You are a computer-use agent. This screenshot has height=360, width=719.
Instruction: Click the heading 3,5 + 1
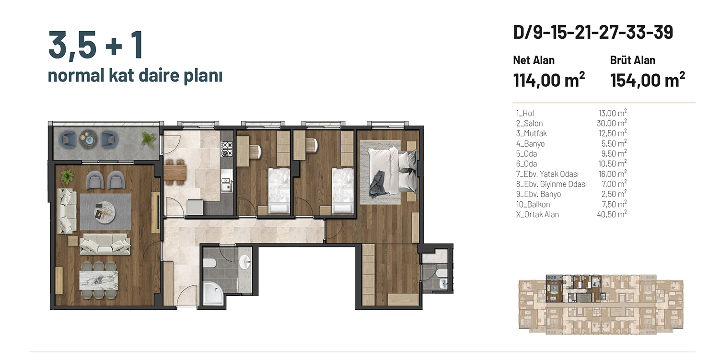pyautogui.click(x=95, y=45)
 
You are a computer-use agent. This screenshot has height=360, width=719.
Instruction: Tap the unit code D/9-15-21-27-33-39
pyautogui.click(x=593, y=33)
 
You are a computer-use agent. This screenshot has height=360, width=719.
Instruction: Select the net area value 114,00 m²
pyautogui.click(x=549, y=80)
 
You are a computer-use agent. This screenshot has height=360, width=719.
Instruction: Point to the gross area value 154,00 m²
pyautogui.click(x=648, y=80)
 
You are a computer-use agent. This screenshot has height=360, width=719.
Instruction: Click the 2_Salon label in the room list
pyautogui.click(x=529, y=123)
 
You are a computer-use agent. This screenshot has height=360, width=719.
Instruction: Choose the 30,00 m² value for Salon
pyautogui.click(x=612, y=123)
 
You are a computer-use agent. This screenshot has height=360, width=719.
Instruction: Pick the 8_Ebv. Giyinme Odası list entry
pyautogui.click(x=551, y=184)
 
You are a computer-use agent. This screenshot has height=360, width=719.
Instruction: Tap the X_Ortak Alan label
pyautogui.click(x=537, y=215)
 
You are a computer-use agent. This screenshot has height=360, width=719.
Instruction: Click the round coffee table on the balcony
pyautogui.click(x=88, y=139)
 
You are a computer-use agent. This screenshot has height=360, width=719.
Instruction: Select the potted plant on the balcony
pyautogui.click(x=149, y=139)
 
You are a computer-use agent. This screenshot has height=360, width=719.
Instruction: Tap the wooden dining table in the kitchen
pyautogui.click(x=175, y=173)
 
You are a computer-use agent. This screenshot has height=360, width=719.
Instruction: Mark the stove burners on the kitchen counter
pyautogui.click(x=227, y=150)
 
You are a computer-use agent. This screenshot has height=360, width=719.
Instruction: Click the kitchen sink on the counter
pyautogui.click(x=227, y=185)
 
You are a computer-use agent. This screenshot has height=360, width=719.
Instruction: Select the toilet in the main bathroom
pyautogui.click(x=209, y=263)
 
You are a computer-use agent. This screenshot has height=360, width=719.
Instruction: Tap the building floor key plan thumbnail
pyautogui.click(x=601, y=304)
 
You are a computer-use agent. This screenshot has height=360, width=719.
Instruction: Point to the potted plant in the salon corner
pyautogui.click(x=67, y=176)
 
